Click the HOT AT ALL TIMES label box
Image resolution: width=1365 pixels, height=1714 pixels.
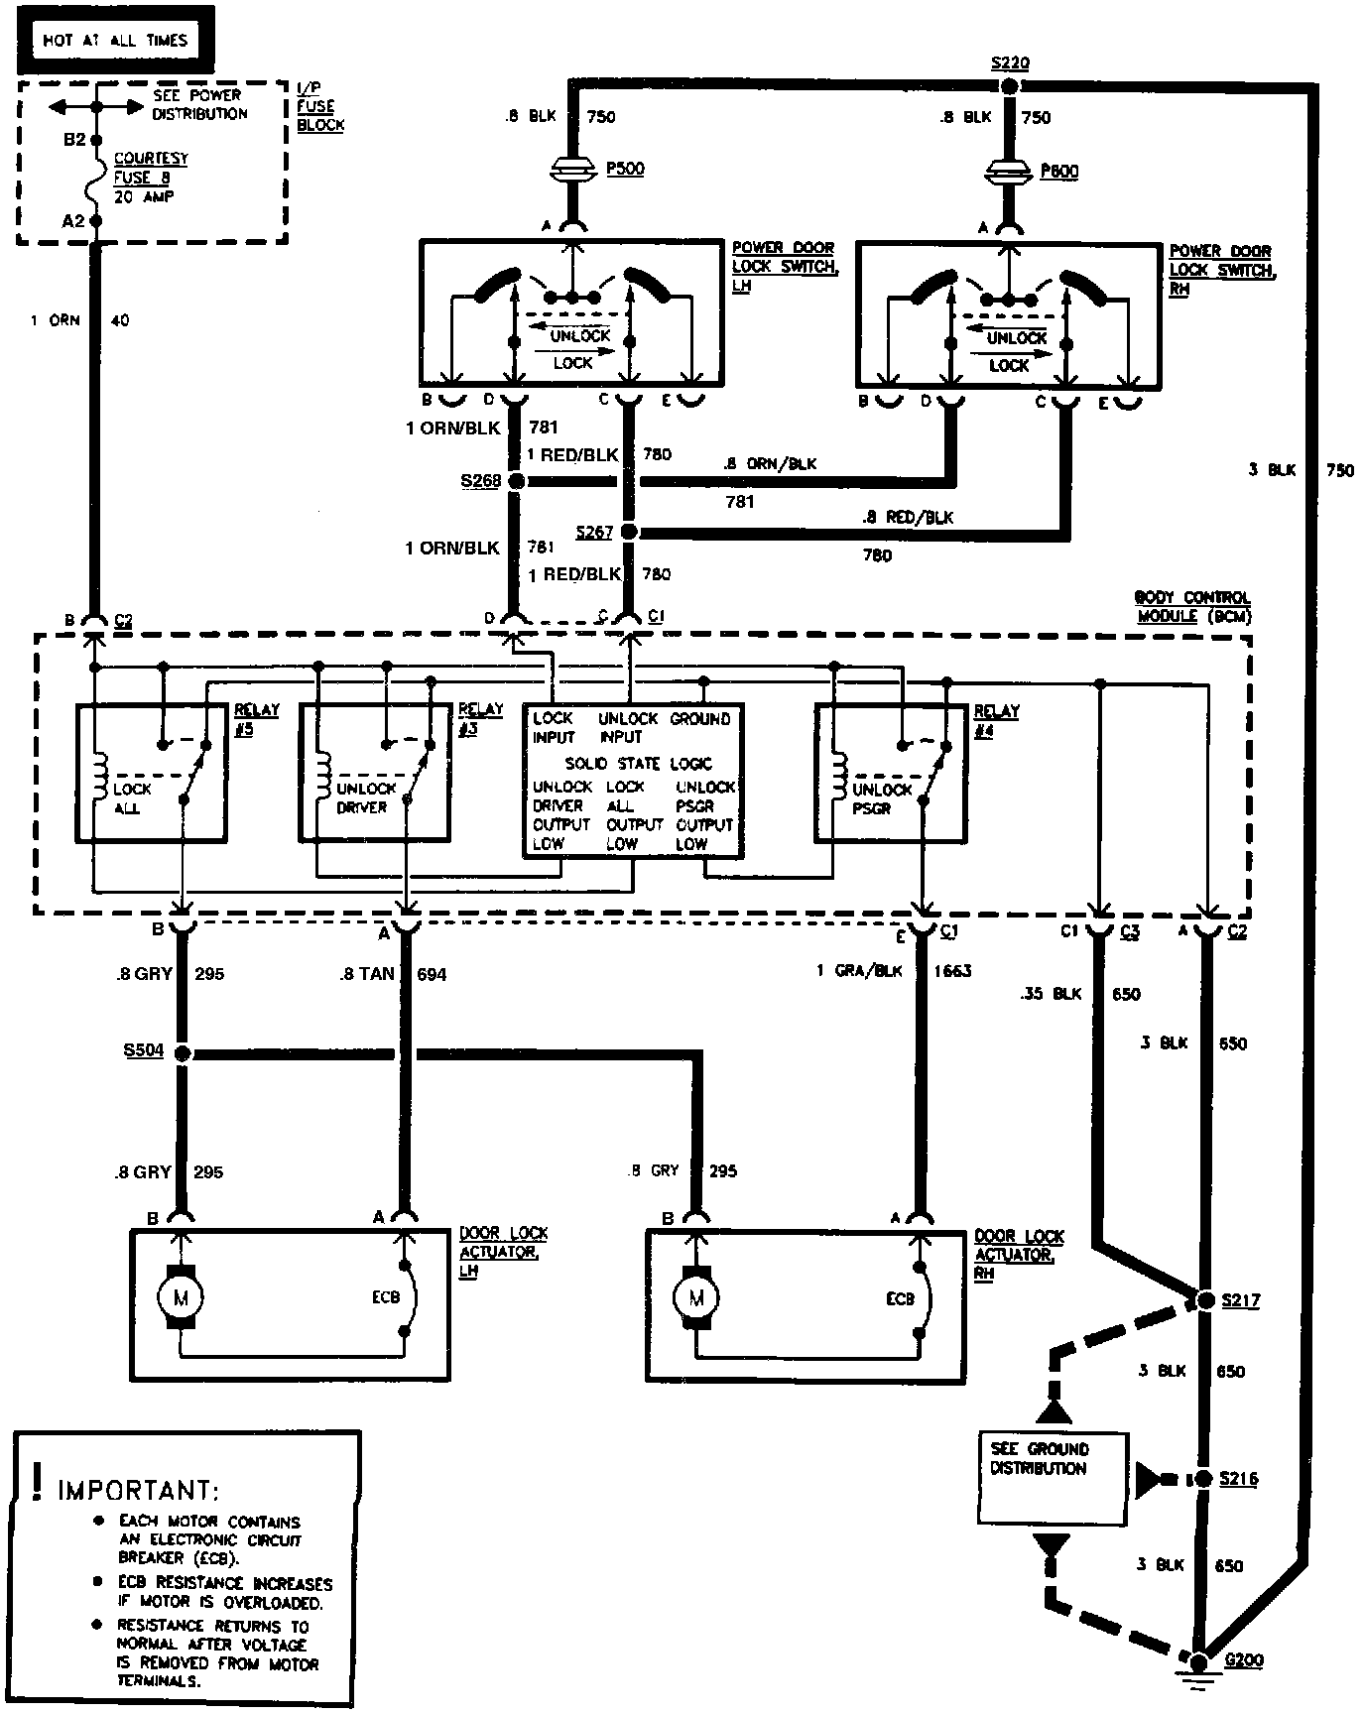pos(114,41)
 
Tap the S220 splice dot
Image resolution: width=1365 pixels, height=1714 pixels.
pos(1010,86)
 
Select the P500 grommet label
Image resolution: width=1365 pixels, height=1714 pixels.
pos(625,169)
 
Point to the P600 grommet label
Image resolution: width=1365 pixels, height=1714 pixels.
pos(1059,172)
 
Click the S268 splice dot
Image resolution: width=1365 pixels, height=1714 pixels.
pos(516,481)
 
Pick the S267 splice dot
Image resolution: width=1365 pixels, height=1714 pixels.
pos(628,533)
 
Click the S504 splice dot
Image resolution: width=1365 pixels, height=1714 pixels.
pos(183,1052)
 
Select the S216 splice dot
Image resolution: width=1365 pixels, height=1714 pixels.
pos(1203,1479)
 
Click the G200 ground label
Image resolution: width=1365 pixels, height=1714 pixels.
pos(1245,1660)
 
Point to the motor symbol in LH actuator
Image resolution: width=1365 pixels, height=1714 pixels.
pos(182,1297)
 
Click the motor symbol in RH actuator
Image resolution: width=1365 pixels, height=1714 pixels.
pos(696,1297)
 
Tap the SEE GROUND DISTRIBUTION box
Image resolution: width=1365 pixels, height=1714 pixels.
pos(1053,1477)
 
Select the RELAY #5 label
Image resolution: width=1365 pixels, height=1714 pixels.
pos(257,719)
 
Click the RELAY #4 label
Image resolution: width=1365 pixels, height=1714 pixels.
pos(996,721)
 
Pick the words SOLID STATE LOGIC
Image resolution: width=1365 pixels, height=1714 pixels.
pos(638,763)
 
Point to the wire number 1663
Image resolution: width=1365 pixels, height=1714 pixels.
pos(952,971)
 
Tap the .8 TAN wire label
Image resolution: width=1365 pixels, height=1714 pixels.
pos(367,974)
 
